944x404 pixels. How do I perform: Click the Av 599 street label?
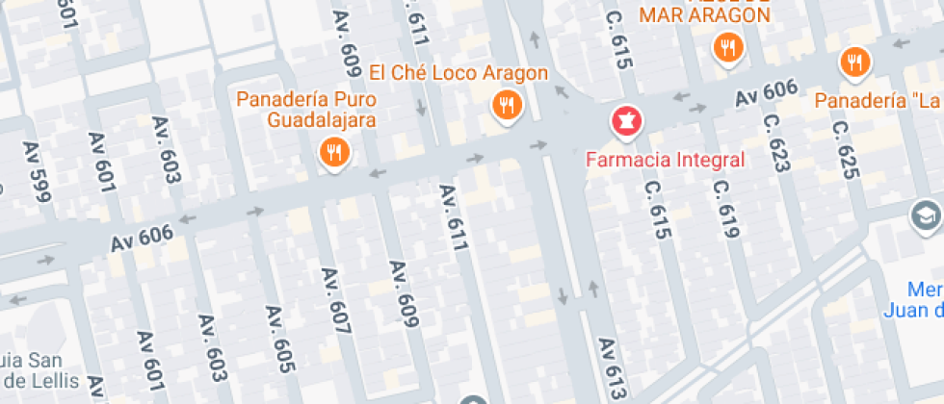36,171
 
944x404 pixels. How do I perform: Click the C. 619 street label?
726,210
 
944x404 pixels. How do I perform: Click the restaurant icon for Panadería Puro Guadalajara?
334,152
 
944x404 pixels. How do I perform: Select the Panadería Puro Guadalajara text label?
306,110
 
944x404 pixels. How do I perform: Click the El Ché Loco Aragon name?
459,73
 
